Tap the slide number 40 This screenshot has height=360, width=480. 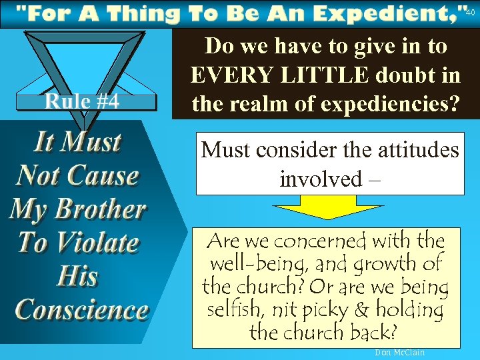(470, 11)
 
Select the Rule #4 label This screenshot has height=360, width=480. (82, 101)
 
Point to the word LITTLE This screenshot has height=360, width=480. (319, 75)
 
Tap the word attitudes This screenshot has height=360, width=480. (417, 149)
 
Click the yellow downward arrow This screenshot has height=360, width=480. (329, 207)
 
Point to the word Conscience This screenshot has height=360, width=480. (81, 310)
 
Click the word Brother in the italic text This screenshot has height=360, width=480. (99, 209)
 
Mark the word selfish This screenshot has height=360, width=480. (235, 310)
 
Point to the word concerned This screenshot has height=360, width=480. (313, 240)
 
